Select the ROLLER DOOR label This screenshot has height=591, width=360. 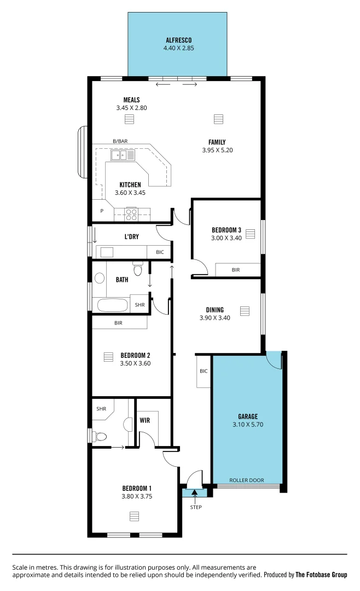point(246,480)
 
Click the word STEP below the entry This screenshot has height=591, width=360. point(195,507)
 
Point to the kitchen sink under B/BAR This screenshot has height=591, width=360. point(119,155)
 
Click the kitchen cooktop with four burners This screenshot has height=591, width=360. point(131,214)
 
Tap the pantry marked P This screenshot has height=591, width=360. point(102,211)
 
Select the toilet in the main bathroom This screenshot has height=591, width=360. point(138,269)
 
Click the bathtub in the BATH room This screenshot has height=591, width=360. point(112,305)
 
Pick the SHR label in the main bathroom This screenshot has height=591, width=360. point(140,305)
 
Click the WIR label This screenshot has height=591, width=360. point(144,420)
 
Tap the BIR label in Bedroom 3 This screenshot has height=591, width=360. point(236,270)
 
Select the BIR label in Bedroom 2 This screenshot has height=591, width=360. point(118,323)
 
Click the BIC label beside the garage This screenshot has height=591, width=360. point(204,371)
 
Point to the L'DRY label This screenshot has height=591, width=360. point(131,236)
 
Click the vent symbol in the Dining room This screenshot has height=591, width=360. point(244,311)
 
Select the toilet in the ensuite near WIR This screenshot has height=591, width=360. point(100,436)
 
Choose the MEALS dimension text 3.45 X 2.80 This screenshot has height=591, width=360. point(131,108)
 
